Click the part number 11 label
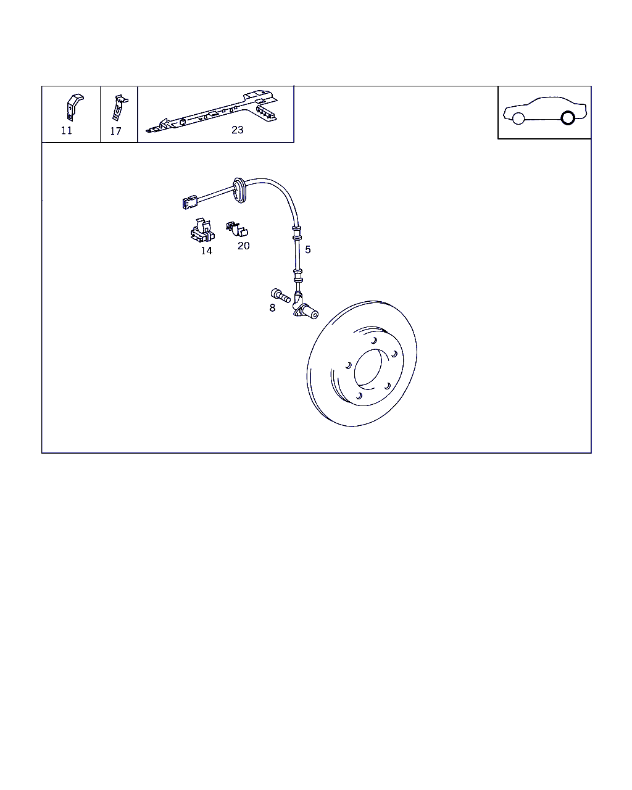pyautogui.click(x=67, y=130)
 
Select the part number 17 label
pyautogui.click(x=115, y=131)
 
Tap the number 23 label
pyautogui.click(x=237, y=130)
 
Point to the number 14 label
pyautogui.click(x=206, y=251)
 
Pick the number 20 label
pyautogui.click(x=243, y=246)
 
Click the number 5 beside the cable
pyautogui.click(x=308, y=249)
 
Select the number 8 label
pyautogui.click(x=272, y=308)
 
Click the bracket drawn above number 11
pyautogui.click(x=75, y=107)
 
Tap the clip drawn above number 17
pyautogui.click(x=119, y=107)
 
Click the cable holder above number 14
pyautogui.click(x=202, y=230)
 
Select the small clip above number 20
pyautogui.click(x=237, y=229)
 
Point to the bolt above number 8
pyautogui.click(x=281, y=296)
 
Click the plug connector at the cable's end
pyautogui.click(x=190, y=202)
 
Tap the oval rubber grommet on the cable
pyautogui.click(x=240, y=190)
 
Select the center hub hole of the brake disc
pyautogui.click(x=368, y=367)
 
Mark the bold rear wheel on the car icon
pyautogui.click(x=568, y=118)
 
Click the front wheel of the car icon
pyautogui.click(x=518, y=118)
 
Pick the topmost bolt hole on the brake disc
pyautogui.click(x=373, y=340)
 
